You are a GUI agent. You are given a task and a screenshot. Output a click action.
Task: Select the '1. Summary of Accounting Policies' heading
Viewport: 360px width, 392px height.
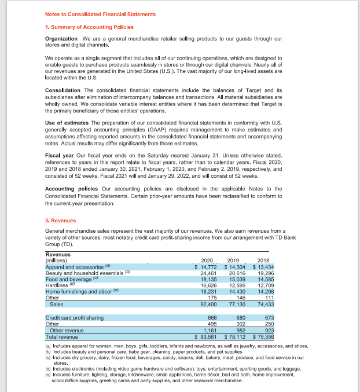click(89, 27)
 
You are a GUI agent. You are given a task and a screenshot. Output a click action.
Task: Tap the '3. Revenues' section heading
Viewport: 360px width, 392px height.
click(61, 221)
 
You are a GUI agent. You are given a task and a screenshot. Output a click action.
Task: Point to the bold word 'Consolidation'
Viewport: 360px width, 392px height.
click(63, 90)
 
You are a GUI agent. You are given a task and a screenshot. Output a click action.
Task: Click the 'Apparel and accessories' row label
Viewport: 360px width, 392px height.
click(78, 267)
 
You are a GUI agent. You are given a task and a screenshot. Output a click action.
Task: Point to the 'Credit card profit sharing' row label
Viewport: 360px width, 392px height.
click(75, 317)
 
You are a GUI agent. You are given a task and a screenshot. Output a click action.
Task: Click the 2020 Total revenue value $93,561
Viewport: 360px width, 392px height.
click(205, 336)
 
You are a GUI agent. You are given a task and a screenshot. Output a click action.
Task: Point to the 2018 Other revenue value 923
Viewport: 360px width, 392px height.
click(267, 329)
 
